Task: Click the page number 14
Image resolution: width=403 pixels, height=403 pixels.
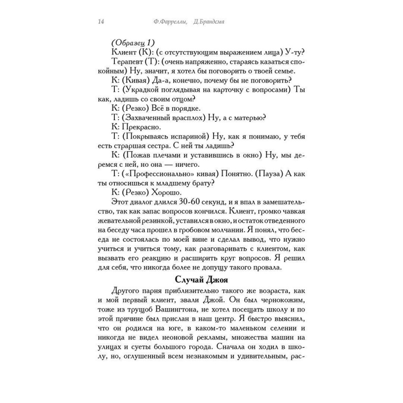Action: (101, 22)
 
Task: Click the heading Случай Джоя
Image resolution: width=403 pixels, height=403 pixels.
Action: (201, 279)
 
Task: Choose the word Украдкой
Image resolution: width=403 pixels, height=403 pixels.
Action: (143, 89)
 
